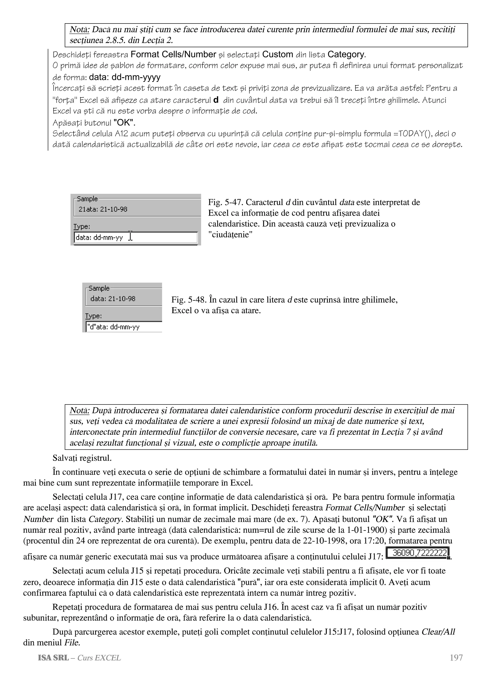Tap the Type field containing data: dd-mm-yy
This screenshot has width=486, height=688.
pos(135,238)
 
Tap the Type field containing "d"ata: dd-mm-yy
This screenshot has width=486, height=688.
pos(123,327)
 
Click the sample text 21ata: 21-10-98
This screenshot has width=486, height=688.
pos(103,209)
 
